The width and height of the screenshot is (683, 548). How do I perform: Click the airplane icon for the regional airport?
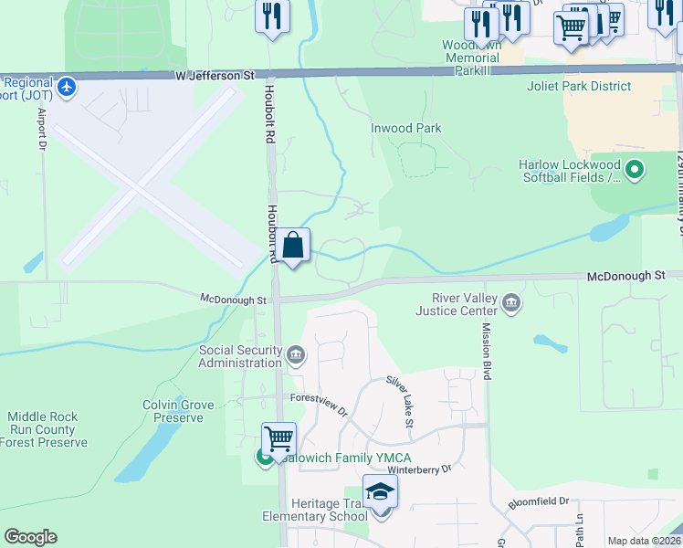pyautogui.click(x=66, y=88)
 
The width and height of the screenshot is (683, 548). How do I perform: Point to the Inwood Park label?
pyautogui.click(x=406, y=129)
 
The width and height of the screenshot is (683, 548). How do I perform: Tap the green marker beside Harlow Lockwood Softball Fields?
pyautogui.click(x=636, y=169)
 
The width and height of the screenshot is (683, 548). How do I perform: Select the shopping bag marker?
pyautogui.click(x=293, y=247)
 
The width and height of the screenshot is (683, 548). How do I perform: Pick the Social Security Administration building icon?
pyautogui.click(x=296, y=354)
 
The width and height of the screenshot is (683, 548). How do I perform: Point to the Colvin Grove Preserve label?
pyautogui.click(x=178, y=411)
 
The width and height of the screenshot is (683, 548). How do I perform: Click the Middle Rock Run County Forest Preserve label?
pyautogui.click(x=44, y=429)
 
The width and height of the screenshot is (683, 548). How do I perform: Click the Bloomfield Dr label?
pyautogui.click(x=539, y=501)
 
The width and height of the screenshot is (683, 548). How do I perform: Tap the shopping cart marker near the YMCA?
pyautogui.click(x=278, y=438)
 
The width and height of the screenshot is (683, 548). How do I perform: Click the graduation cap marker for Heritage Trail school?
pyautogui.click(x=380, y=492)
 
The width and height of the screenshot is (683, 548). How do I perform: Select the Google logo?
pyautogui.click(x=30, y=537)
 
